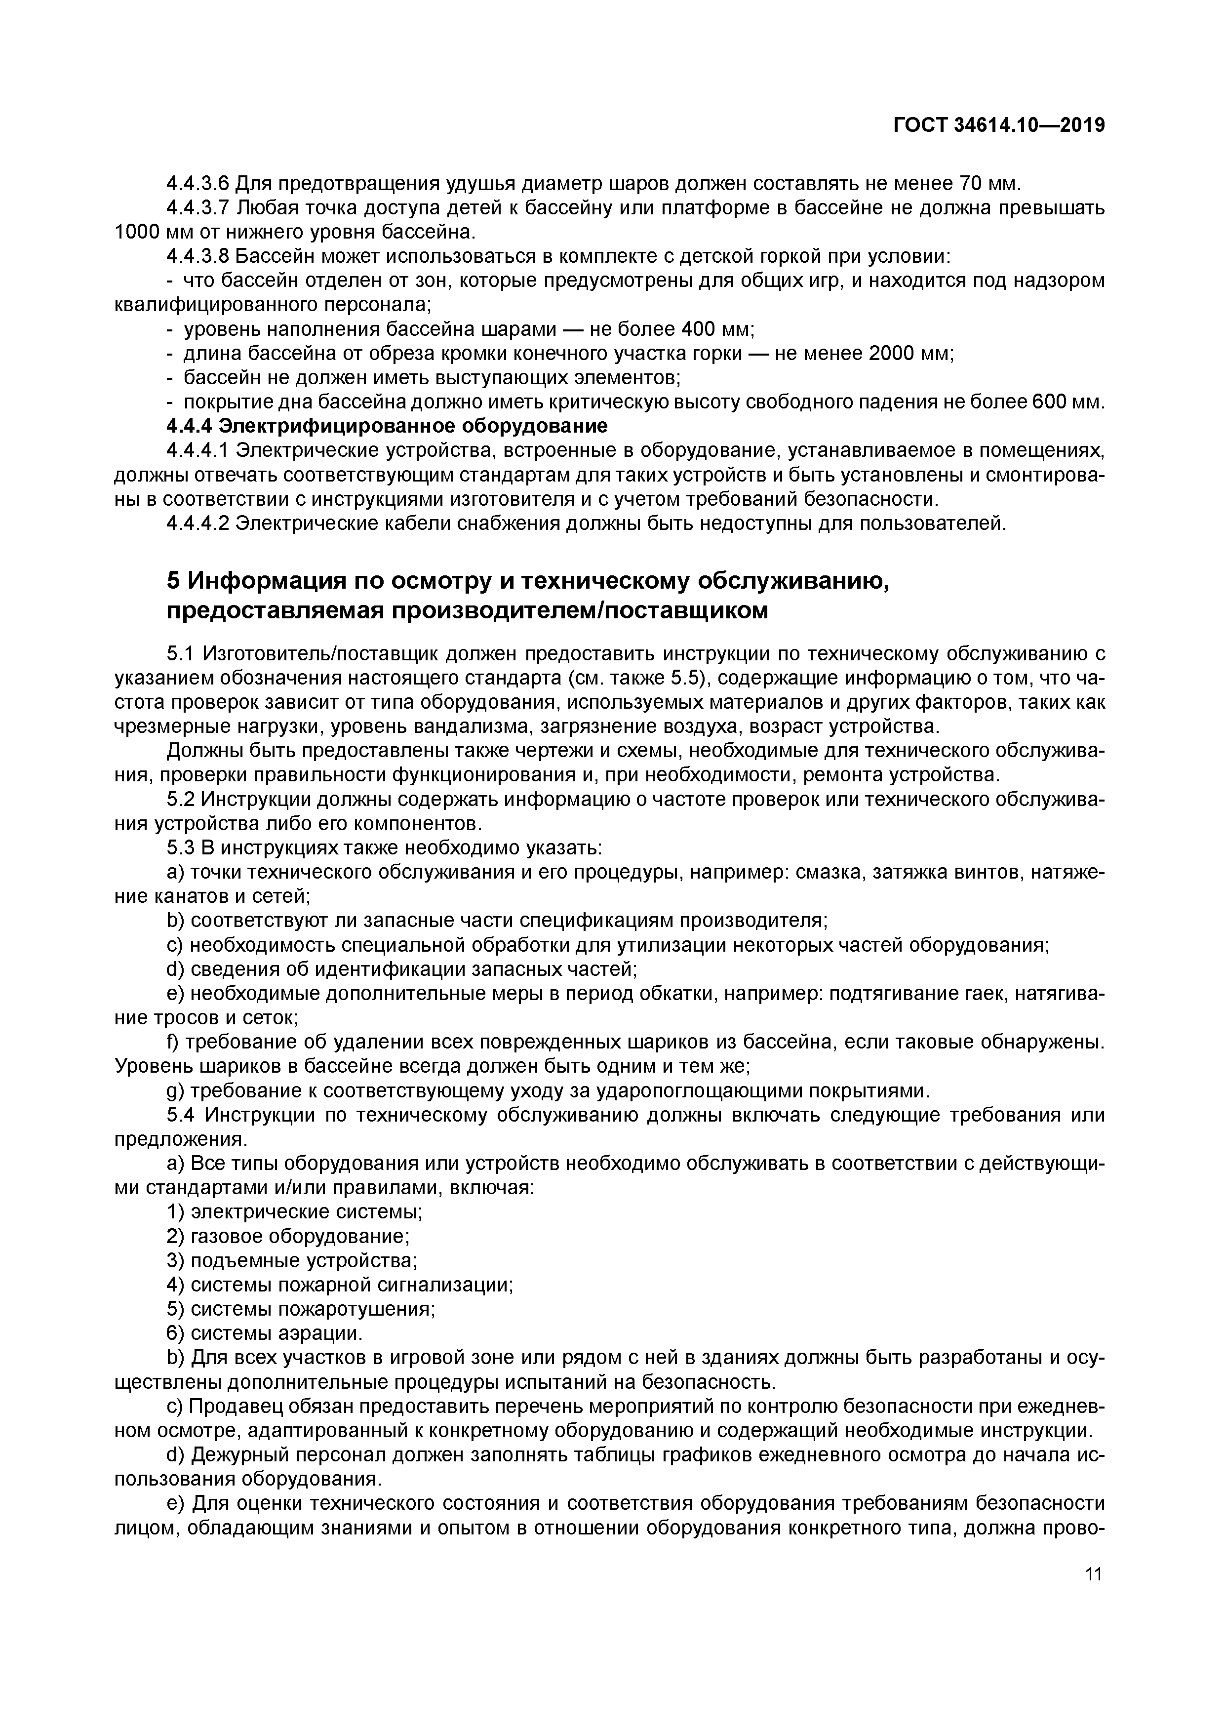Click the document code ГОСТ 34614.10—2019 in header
pyautogui.click(x=999, y=126)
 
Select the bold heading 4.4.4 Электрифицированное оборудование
pyautogui.click(x=386, y=426)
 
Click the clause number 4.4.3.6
pyautogui.click(x=198, y=183)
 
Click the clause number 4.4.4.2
pyautogui.click(x=198, y=523)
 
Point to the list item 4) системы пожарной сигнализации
pyautogui.click(x=339, y=1284)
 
